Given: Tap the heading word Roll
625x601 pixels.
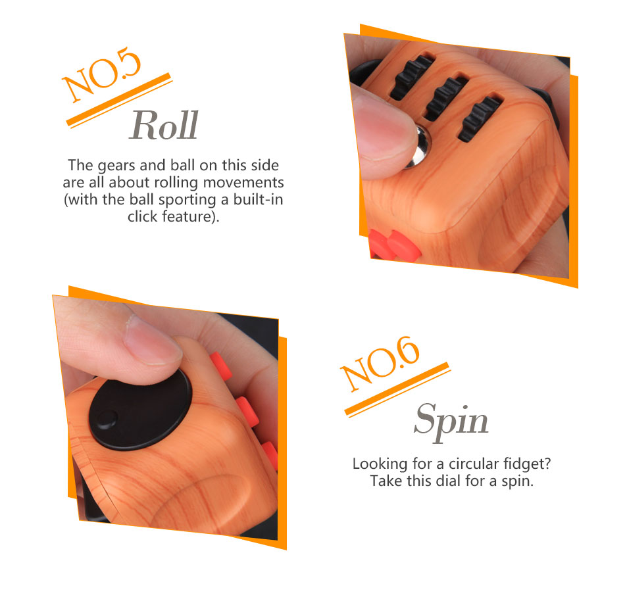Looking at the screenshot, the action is click(x=164, y=126).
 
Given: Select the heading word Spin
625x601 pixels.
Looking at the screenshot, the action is click(x=451, y=421).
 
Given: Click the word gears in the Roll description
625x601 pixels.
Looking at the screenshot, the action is click(x=116, y=165).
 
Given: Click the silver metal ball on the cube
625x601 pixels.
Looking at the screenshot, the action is click(x=419, y=147).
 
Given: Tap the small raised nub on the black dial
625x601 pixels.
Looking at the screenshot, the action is click(x=107, y=420).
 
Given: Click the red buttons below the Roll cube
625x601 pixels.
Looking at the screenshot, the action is click(x=393, y=245).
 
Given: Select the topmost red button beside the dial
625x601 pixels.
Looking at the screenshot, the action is click(x=220, y=365).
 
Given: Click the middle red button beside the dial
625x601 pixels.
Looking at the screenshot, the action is click(x=247, y=410).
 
